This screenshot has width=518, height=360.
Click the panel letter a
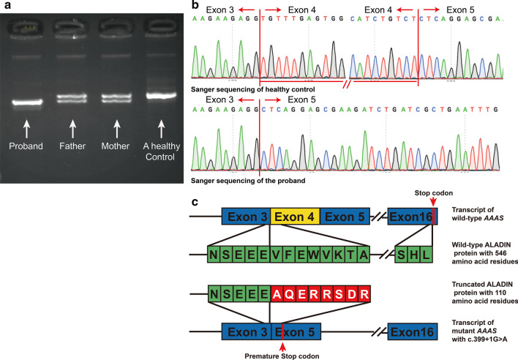tap(6, 6)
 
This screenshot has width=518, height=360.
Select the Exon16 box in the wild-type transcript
tap(411, 216)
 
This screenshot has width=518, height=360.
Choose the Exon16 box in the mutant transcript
tap(411, 330)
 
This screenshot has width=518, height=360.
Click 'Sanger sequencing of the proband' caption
tap(241, 179)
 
